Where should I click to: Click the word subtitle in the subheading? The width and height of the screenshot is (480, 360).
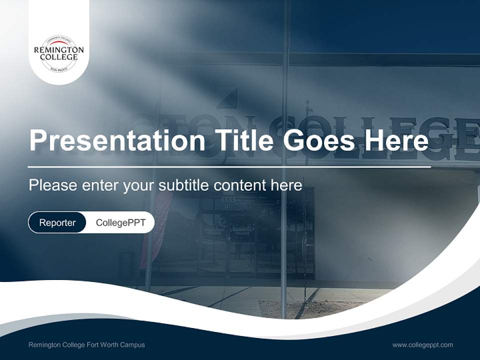pos(184,185)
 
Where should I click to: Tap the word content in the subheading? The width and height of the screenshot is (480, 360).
pos(239,185)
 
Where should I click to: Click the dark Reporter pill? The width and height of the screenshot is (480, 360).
pos(57,222)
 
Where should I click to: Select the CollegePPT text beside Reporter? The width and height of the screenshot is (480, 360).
pos(120,222)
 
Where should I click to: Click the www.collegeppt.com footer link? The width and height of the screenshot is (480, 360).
pos(422,344)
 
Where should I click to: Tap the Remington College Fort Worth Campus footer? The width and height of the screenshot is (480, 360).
pos(86,344)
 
